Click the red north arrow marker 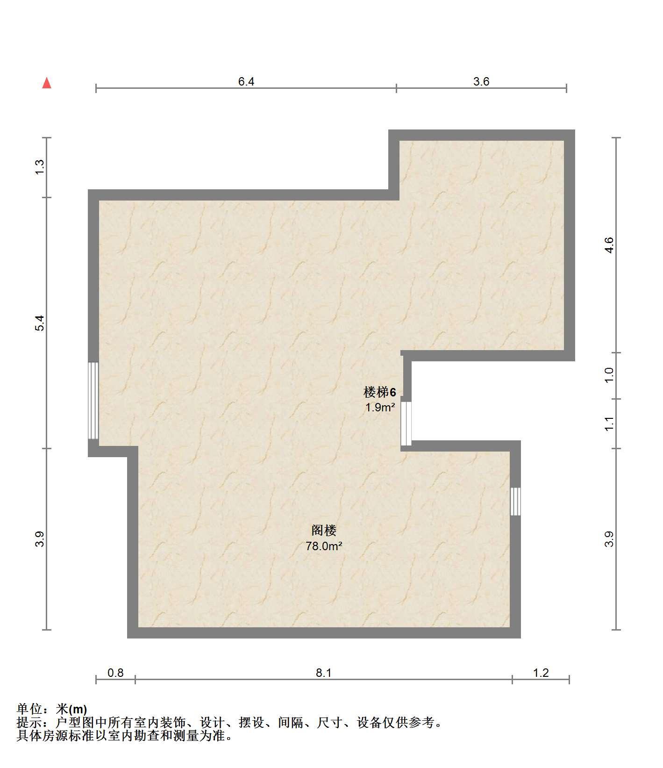click(x=47, y=83)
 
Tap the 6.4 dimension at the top click(x=246, y=81)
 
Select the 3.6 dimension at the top click(x=481, y=81)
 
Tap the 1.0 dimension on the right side click(x=608, y=375)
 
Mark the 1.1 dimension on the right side click(x=608, y=424)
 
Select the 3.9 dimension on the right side click(x=608, y=539)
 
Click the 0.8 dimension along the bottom click(x=115, y=673)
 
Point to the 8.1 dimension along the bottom click(x=323, y=673)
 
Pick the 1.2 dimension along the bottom click(x=541, y=673)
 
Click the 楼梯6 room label click(x=380, y=392)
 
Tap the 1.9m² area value click(x=380, y=407)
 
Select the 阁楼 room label click(x=324, y=531)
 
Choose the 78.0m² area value click(x=324, y=546)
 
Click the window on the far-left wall click(x=93, y=401)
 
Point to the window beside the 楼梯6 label click(x=406, y=423)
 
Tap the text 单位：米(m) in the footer click(x=52, y=709)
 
